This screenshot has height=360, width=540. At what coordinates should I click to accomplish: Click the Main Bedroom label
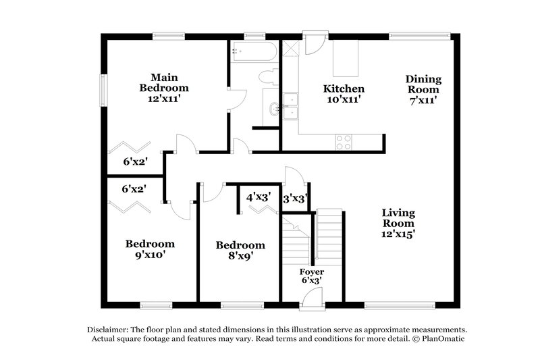coord(164,88)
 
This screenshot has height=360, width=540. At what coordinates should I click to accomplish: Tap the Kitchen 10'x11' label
coord(344,94)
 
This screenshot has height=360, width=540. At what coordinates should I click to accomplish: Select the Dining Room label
coord(423,89)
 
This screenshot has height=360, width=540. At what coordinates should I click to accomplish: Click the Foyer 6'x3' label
coord(311,276)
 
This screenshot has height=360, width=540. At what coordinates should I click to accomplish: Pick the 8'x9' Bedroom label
coord(240,251)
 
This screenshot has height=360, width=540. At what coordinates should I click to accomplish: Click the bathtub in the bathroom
coord(253,52)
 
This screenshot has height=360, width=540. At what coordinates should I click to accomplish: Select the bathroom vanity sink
coord(273,109)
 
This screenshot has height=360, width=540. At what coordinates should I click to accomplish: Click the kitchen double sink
coord(291,107)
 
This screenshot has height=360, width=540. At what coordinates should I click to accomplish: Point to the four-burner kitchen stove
coord(344,142)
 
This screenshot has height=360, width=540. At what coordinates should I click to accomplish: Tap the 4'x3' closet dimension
coord(259,199)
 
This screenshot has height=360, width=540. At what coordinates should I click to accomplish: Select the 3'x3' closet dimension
coord(296,199)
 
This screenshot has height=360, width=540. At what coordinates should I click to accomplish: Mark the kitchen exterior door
coord(315,43)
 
